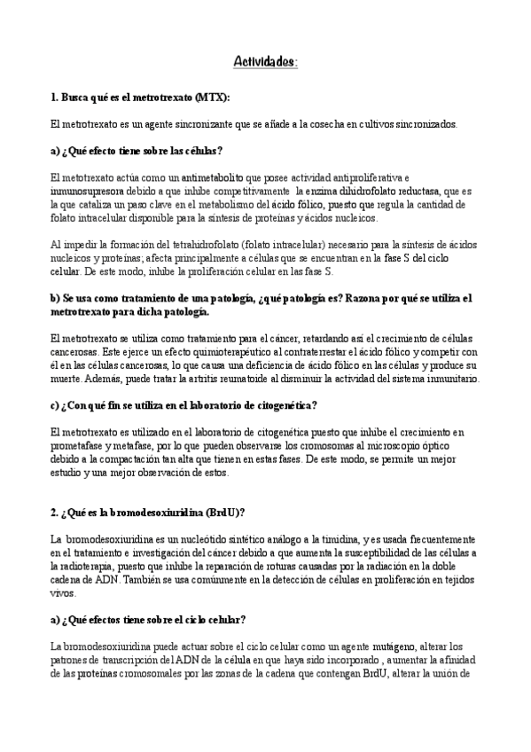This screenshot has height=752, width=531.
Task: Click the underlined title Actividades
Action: pyautogui.click(x=265, y=61)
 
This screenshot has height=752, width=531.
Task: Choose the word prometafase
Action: pyautogui.click(x=81, y=446)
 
